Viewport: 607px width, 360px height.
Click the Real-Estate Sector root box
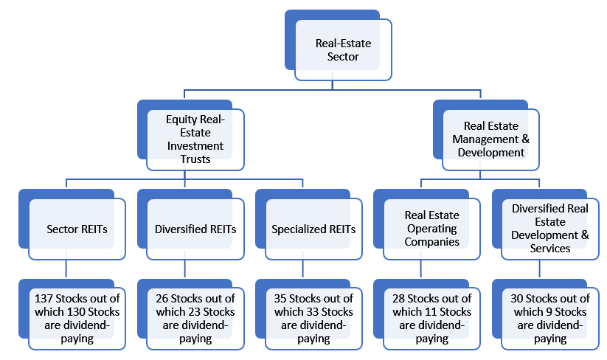pos(343,49)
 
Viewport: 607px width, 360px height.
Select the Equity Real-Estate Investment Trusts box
pos(195,139)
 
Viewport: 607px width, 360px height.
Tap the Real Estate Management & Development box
pos(491,139)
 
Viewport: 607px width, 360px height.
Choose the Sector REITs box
pos(77,229)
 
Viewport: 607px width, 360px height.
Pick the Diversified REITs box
pos(195,229)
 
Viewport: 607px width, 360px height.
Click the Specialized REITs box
pos(313,229)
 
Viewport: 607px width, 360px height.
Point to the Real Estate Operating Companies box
pos(431,229)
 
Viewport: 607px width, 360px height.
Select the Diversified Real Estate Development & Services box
pos(550,229)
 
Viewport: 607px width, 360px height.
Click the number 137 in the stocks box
pos(44,299)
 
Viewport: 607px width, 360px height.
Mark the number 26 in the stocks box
pos(162,299)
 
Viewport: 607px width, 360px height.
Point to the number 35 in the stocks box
pos(280,299)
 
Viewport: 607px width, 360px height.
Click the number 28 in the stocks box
pos(398,299)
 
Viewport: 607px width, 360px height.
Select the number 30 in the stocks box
pos(517,299)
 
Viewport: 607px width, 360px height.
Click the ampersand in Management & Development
pos(525,139)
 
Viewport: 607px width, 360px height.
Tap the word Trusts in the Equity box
pos(195,159)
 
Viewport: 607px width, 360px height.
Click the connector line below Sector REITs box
pos(66,269)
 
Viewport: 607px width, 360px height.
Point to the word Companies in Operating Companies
pos(431,242)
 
